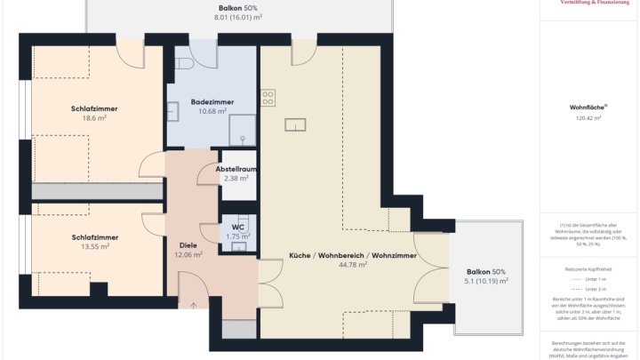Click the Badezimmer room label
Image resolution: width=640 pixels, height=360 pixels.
tap(212, 102)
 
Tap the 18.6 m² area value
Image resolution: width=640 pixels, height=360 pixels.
tap(94, 117)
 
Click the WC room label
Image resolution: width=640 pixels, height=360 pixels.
tap(237, 228)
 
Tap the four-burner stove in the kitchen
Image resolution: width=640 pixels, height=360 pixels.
tap(268, 97)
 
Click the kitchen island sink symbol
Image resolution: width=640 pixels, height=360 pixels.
tap(292, 124)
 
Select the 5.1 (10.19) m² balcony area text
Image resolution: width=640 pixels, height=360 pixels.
tap(486, 281)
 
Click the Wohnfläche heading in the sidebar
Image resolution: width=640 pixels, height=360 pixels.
tap(588, 107)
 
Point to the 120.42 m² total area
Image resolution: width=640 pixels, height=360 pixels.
tap(588, 117)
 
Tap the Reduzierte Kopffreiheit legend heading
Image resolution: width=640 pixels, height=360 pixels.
tap(588, 268)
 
